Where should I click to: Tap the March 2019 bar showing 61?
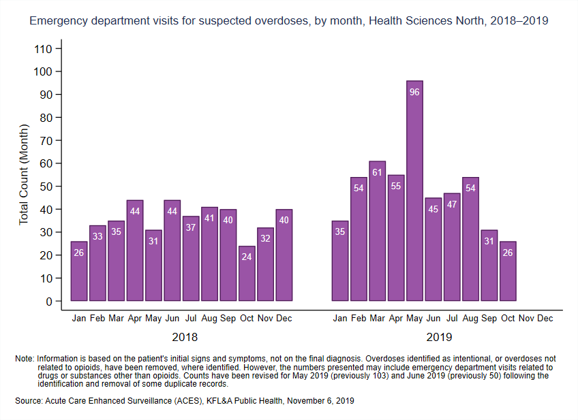point(377,231)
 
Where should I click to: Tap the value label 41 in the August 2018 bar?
point(209,219)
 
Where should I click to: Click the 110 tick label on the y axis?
point(42,49)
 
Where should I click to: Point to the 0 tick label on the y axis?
point(48,302)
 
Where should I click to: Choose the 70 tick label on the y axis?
point(45,141)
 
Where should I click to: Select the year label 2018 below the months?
point(185,337)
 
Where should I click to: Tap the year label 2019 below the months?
point(438,337)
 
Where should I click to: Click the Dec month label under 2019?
point(545,319)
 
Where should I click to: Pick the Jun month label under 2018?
point(172,319)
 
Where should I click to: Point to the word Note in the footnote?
point(24,358)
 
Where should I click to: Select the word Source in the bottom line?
point(28,402)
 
